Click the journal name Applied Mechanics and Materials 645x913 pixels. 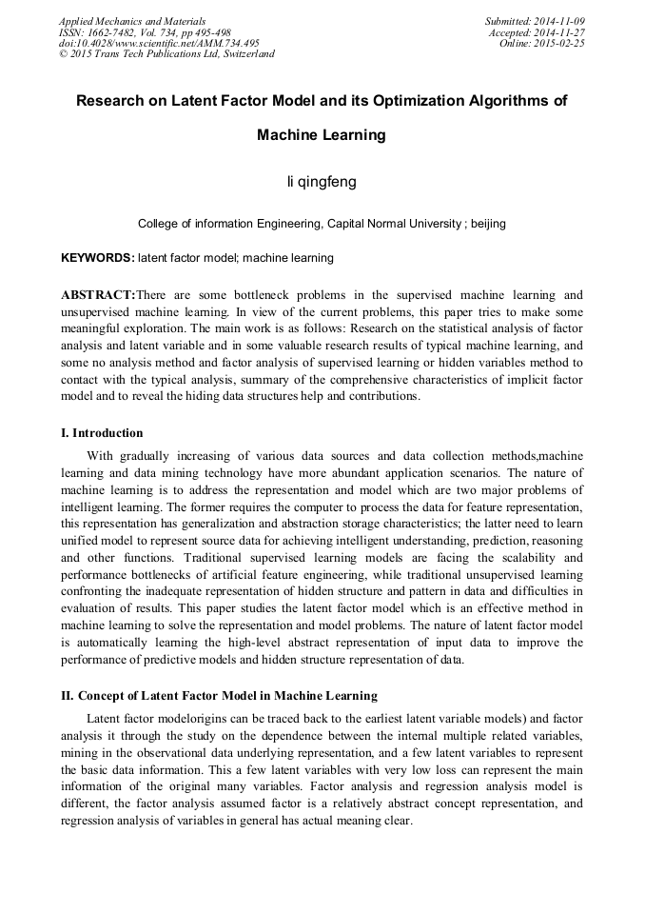(x=131, y=21)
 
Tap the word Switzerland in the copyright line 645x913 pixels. (x=242, y=54)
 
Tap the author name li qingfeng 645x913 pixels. (x=322, y=180)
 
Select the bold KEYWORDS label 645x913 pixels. (x=97, y=258)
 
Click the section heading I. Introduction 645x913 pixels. (x=102, y=433)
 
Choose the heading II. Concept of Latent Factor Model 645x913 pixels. (x=219, y=696)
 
